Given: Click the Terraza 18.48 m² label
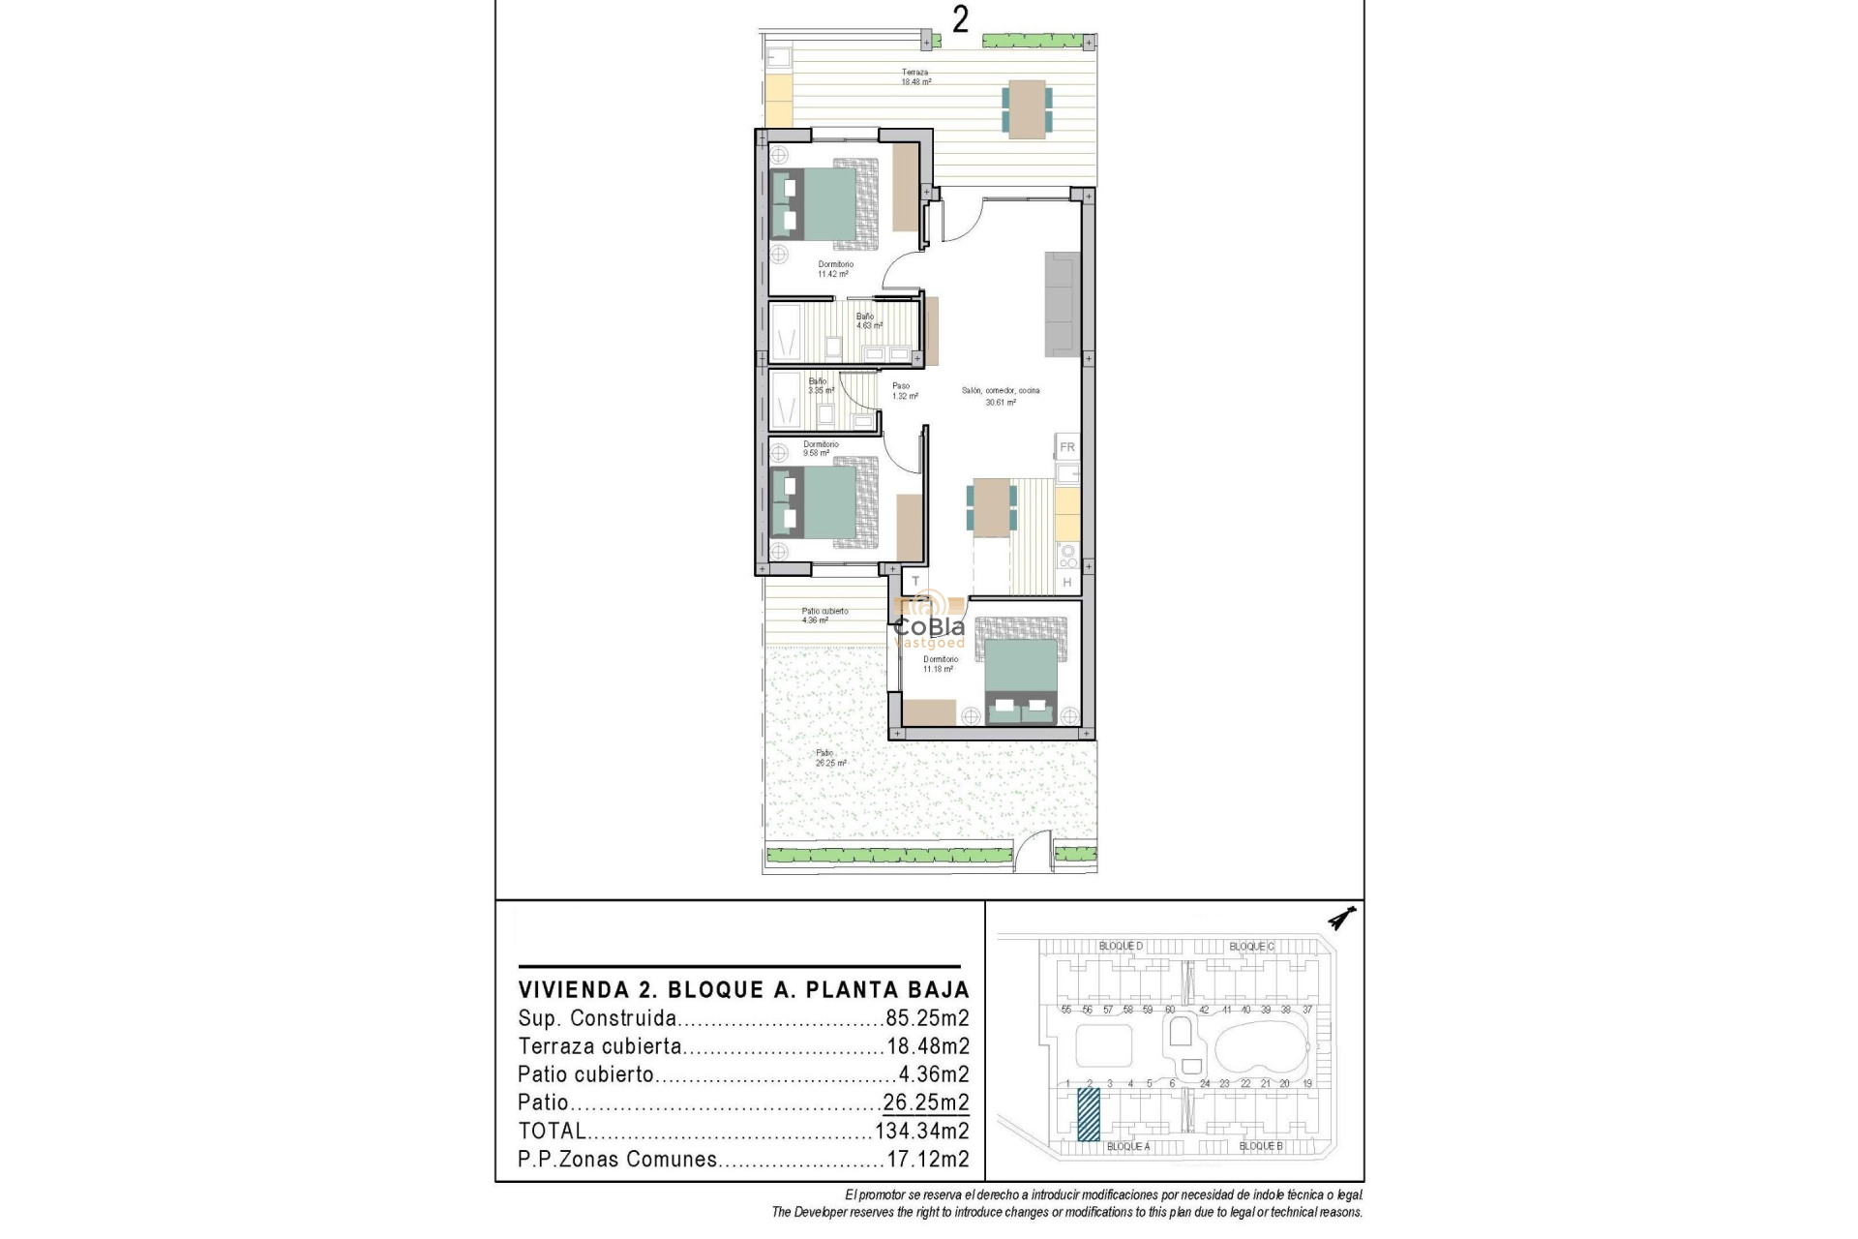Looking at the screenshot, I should click(x=915, y=77).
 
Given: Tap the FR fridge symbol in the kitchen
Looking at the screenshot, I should click(x=1067, y=447).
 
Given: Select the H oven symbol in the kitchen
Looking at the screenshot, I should click(x=1067, y=582).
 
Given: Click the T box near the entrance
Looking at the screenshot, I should click(x=915, y=582).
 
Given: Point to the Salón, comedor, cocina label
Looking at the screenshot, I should click(x=1001, y=396).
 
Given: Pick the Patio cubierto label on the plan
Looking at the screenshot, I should click(x=824, y=616).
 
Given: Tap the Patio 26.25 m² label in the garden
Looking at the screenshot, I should click(x=829, y=758).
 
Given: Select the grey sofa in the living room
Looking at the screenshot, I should click(x=1062, y=304).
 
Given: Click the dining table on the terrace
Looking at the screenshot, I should click(x=1027, y=107).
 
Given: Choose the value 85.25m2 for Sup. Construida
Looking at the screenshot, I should click(x=927, y=1018).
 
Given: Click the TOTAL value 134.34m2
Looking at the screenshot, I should click(x=921, y=1131).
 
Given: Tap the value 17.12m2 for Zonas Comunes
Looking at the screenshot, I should click(x=927, y=1159).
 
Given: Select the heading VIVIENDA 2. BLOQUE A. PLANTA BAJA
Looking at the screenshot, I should click(x=743, y=989).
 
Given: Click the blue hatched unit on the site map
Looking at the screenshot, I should click(x=1089, y=1114).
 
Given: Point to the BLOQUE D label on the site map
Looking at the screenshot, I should click(x=1121, y=946).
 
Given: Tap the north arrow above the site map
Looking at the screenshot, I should click(x=1341, y=918).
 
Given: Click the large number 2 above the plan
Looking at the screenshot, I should click(x=960, y=19).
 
